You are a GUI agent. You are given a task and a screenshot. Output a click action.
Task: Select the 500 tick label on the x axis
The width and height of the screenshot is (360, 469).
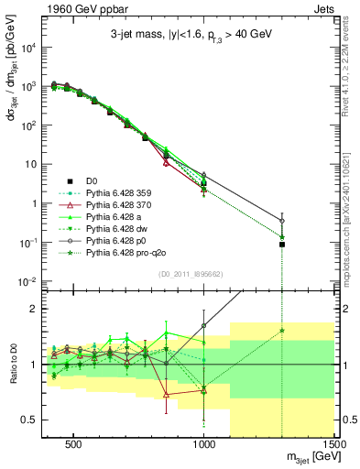74,442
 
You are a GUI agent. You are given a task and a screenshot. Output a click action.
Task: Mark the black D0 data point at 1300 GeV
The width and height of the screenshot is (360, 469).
282,245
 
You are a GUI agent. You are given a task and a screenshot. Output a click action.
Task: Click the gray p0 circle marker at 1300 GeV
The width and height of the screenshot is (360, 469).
282,221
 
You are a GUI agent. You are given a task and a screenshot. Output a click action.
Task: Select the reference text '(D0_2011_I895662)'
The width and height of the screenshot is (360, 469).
191,273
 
